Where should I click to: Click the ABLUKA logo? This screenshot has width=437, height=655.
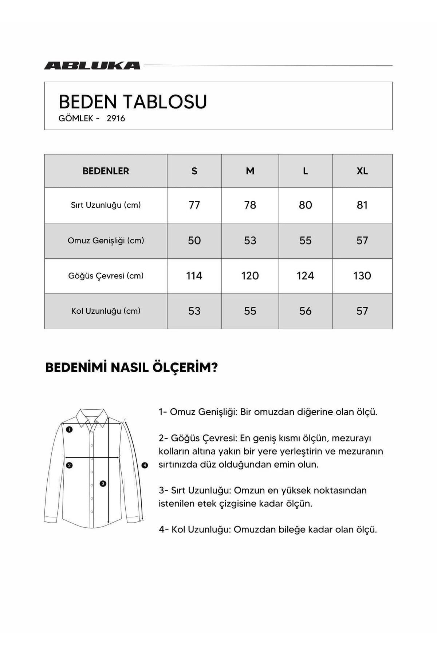click(92, 65)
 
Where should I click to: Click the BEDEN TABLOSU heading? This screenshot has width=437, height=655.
click(133, 102)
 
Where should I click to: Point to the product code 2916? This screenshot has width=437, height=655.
click(116, 118)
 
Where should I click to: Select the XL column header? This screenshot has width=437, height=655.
click(362, 171)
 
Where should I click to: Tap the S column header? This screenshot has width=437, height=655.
click(194, 171)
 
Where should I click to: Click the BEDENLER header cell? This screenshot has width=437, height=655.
click(106, 171)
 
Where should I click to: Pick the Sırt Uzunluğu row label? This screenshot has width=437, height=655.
click(106, 205)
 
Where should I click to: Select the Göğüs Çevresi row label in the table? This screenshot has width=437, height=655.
click(106, 276)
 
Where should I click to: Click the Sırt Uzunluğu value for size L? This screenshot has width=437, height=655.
click(305, 205)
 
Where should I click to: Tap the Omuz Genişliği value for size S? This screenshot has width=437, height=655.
click(194, 241)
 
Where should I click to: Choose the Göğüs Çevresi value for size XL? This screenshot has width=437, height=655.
click(362, 276)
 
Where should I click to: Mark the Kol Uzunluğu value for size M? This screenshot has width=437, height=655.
click(250, 311)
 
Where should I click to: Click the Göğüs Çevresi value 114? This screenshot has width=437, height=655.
click(194, 276)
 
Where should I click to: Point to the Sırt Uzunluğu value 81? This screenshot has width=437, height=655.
click(362, 205)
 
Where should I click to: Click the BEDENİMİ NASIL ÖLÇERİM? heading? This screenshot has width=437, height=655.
click(131, 368)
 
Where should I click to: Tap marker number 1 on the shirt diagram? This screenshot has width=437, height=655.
click(69, 429)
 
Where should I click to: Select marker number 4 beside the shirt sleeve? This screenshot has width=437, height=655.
click(145, 465)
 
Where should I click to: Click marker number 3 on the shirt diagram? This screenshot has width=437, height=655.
click(103, 484)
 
